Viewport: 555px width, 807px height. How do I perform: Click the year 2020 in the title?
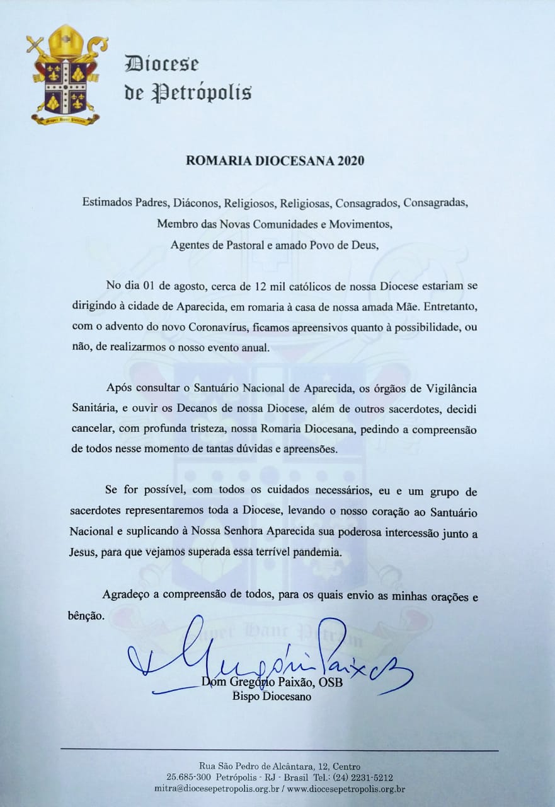[350, 161]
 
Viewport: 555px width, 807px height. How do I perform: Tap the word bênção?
[88, 616]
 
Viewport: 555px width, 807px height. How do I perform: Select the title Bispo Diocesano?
[272, 697]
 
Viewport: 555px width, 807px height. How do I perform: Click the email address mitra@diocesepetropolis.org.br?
[216, 789]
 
